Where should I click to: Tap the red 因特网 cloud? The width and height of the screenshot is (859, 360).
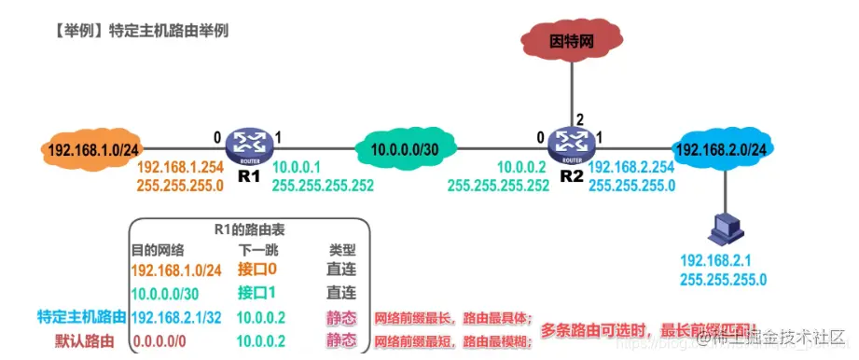(570, 41)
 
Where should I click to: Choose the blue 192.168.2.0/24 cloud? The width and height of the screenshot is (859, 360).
(721, 148)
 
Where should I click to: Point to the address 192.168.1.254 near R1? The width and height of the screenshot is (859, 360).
(181, 168)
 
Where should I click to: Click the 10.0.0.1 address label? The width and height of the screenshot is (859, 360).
(298, 167)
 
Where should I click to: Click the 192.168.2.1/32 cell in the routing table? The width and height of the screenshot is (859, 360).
(177, 317)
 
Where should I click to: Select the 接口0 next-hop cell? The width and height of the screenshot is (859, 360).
(257, 270)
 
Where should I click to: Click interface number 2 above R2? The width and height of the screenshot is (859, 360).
(582, 118)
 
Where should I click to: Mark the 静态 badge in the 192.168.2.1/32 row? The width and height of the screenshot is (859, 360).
(341, 317)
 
